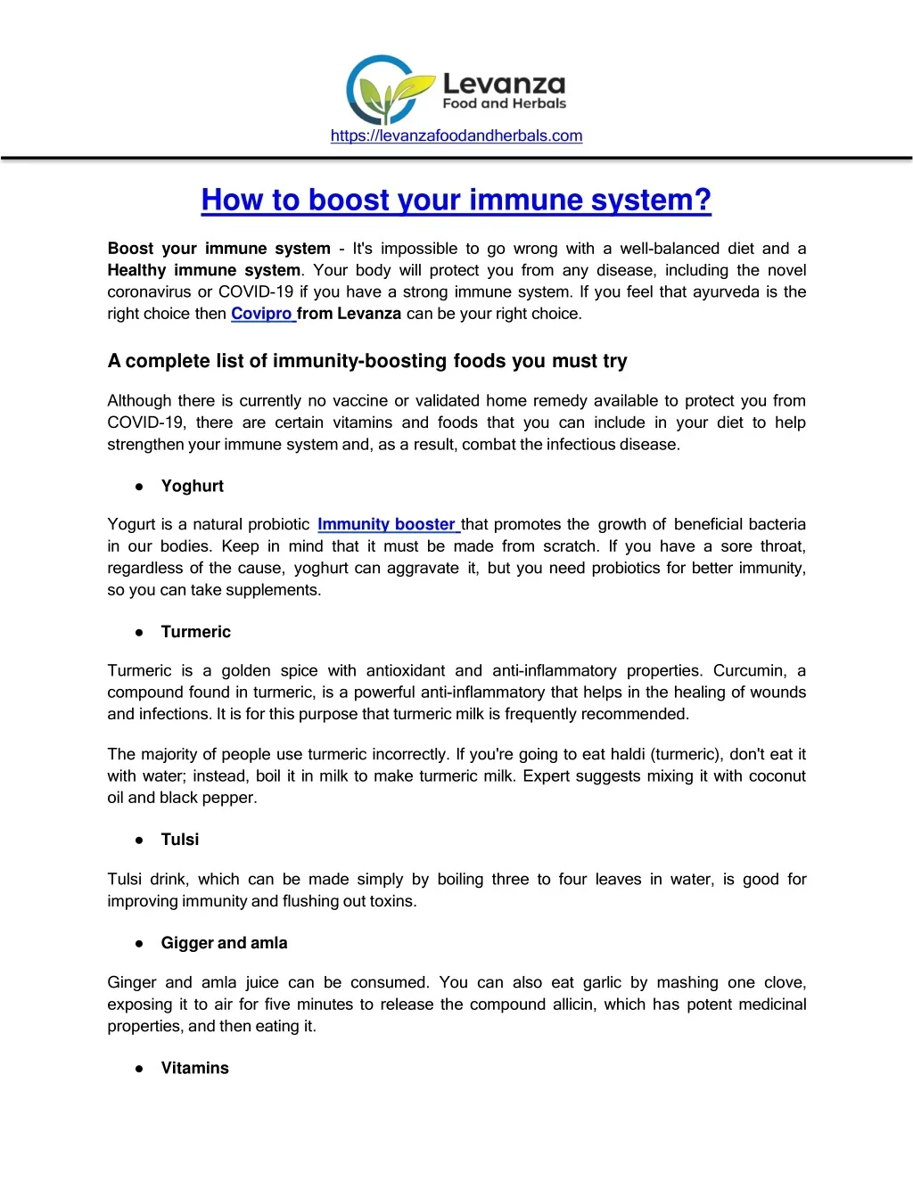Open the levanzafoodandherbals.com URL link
click(x=456, y=135)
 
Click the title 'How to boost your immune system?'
click(x=456, y=200)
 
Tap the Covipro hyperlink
click(x=261, y=314)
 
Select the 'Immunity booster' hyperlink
click(x=386, y=524)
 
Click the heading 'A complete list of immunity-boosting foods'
click(x=366, y=361)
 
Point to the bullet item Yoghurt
click(x=192, y=486)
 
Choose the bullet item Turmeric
click(x=195, y=632)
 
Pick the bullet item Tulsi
click(x=179, y=840)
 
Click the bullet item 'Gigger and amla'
click(x=224, y=943)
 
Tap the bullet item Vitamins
click(x=194, y=1068)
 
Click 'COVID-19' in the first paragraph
click(x=255, y=291)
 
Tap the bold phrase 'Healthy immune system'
click(x=203, y=270)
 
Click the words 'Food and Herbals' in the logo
click(x=504, y=103)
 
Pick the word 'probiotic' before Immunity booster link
click(x=276, y=524)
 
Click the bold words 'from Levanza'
click(x=349, y=314)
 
